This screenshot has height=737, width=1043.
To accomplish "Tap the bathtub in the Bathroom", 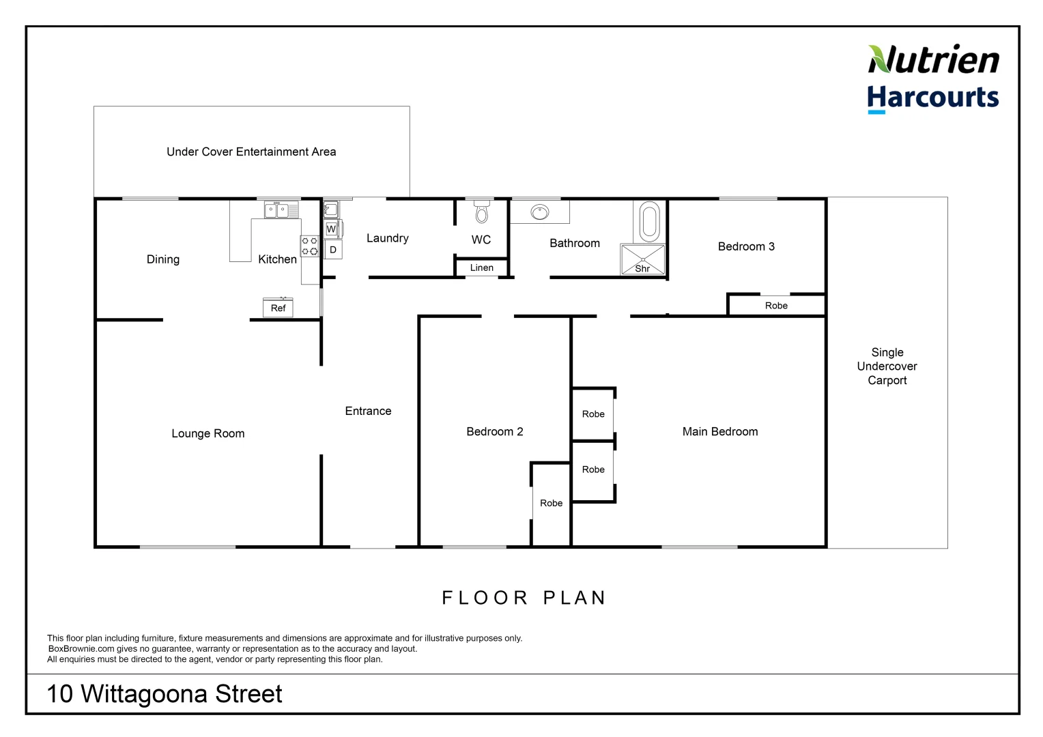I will (649, 221).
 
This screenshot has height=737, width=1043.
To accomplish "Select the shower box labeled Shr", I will (642, 259).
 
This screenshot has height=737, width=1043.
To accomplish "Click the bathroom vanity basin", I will (540, 212).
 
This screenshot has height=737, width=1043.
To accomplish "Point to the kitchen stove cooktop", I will (310, 246).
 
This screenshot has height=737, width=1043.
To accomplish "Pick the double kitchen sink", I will (276, 210).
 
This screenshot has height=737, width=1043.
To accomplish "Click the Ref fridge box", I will (278, 308).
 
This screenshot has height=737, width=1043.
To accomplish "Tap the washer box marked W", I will (331, 229).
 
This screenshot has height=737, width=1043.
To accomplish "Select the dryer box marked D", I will (333, 250).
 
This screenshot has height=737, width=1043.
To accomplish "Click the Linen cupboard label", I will (481, 268).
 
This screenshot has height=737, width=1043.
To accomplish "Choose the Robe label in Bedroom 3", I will (776, 306).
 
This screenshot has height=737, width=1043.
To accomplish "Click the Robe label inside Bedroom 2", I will (551, 503).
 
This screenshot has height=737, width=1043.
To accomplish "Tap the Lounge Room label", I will (208, 433).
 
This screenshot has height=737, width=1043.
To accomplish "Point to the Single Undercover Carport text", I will (887, 366).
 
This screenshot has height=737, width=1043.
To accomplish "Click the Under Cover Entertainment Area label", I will (251, 151).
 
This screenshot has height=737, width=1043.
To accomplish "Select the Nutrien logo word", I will (933, 60).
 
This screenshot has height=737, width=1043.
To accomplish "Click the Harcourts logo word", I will (932, 98).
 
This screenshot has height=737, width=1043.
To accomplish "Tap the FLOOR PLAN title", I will (524, 598).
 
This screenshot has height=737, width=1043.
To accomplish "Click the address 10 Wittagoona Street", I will (164, 694).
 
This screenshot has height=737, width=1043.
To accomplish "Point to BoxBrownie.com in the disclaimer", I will (81, 649).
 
